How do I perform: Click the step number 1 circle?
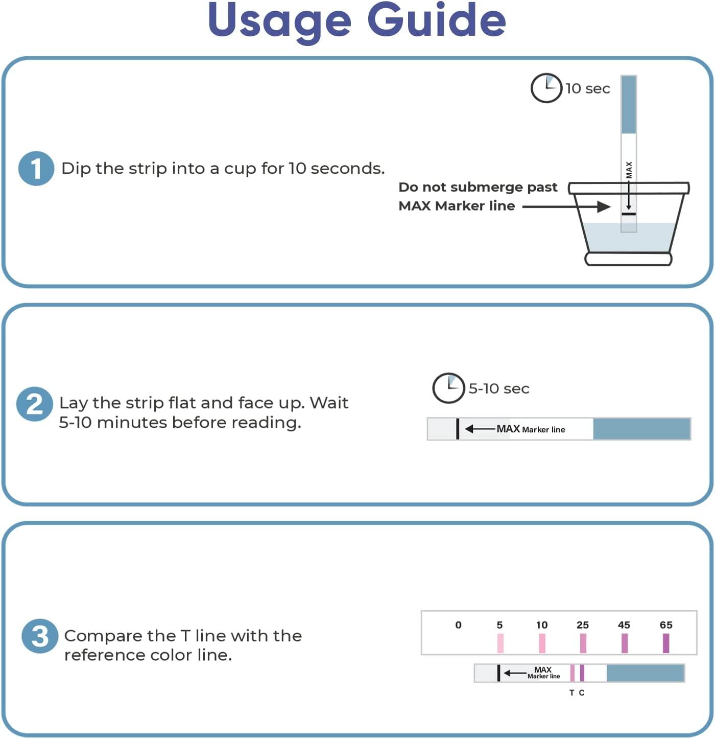36,169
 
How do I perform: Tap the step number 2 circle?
34,404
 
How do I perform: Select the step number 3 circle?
39,636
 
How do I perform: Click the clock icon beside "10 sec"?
546,88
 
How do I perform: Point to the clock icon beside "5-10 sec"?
448,388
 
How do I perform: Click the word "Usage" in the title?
279,21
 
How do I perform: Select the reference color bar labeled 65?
665,643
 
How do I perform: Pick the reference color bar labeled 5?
500,643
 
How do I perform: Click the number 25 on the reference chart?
582,625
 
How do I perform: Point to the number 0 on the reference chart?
458,625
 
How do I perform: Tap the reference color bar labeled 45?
624,643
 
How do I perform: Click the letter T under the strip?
571,693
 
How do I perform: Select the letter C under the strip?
582,693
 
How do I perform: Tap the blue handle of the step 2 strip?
641,429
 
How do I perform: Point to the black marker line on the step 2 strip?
458,429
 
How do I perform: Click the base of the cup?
628,259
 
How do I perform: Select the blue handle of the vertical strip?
629,105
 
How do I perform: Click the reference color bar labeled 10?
542,643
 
